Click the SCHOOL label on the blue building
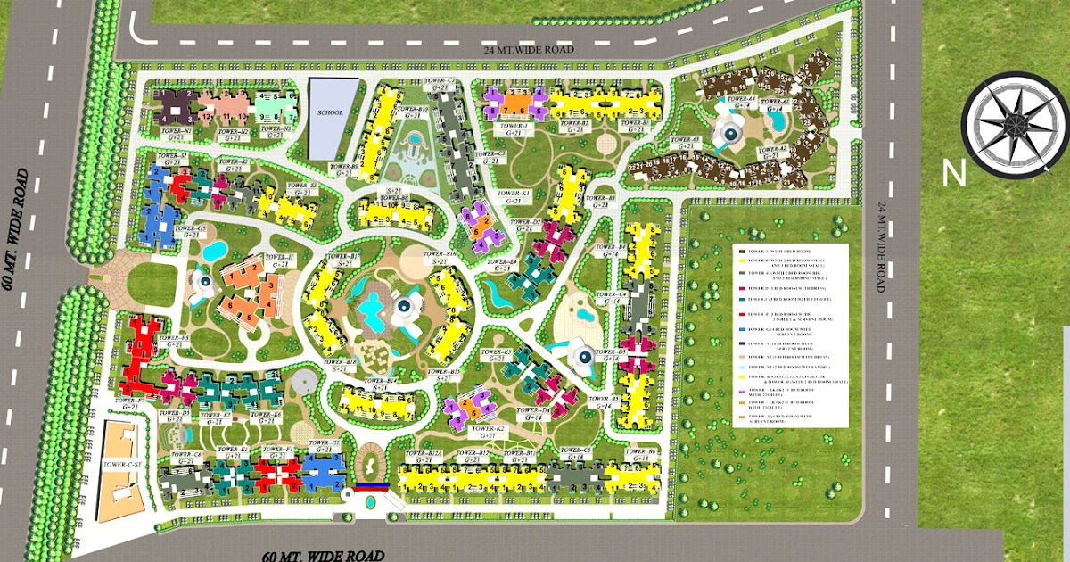click(x=330, y=112)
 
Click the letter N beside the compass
click(x=954, y=174)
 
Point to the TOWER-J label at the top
click(x=514, y=127)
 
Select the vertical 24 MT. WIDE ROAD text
click(x=880, y=247)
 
